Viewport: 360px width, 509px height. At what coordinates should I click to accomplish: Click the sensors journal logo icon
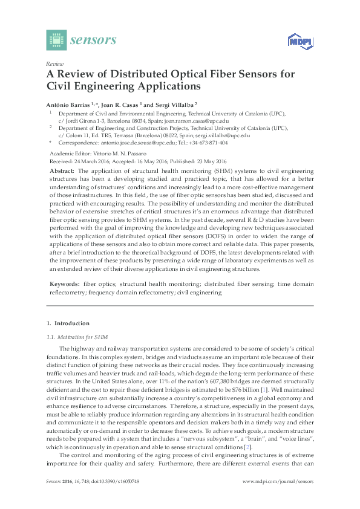pos(56,41)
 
